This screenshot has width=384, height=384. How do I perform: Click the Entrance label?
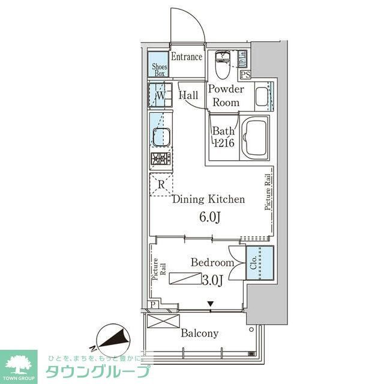point(186,57)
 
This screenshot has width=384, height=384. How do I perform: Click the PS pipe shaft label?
point(245,75)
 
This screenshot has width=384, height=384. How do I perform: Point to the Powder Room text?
point(226,96)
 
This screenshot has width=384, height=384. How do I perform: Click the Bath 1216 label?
point(223,137)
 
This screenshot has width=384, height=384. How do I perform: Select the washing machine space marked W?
point(160,95)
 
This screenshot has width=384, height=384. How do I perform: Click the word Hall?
point(188,95)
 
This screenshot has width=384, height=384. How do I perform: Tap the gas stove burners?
point(160,160)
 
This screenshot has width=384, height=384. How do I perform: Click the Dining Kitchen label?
point(208,199)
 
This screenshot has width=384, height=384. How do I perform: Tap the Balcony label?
point(201,333)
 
